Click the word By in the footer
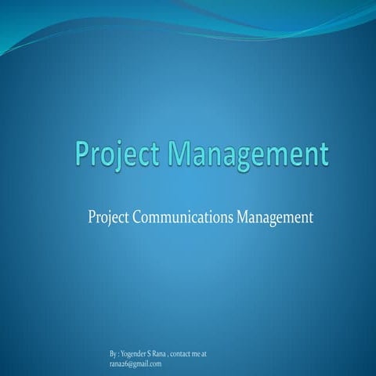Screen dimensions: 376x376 (x=114, y=354)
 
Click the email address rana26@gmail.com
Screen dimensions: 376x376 (x=136, y=363)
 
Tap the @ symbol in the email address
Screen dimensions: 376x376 (x=132, y=363)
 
